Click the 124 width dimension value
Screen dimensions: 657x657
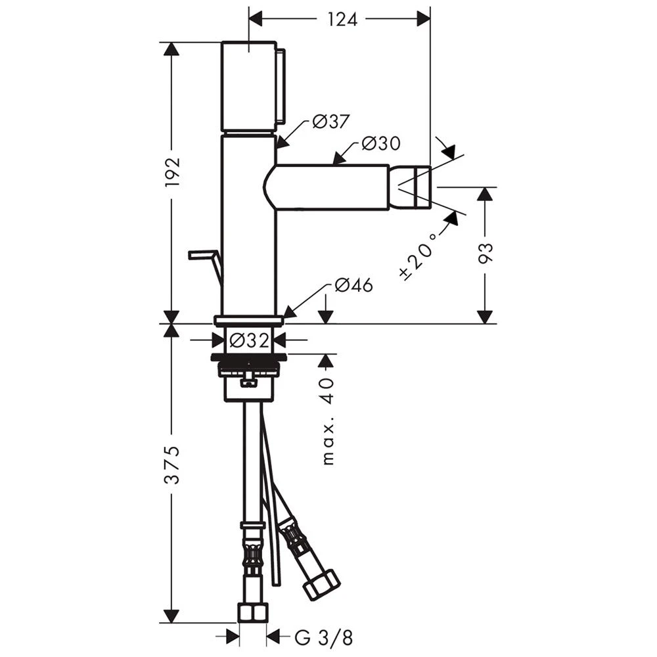coord(342,19)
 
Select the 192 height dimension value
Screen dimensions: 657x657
coord(172,172)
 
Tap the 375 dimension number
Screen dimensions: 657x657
coord(171,465)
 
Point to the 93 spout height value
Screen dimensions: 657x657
coord(486,253)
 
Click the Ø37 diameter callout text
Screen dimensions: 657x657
coord(331,122)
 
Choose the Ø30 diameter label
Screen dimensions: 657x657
coord(381,143)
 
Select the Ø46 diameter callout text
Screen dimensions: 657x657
coord(353,285)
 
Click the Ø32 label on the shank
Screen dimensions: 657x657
coord(249,340)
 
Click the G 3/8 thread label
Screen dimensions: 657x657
coord(324,638)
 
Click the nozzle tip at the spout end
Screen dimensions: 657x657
coord(410,187)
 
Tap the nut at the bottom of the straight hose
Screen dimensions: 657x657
coord(253,612)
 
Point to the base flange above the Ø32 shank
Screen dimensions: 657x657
coord(249,321)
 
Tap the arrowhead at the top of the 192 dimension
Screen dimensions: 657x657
coord(171,49)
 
